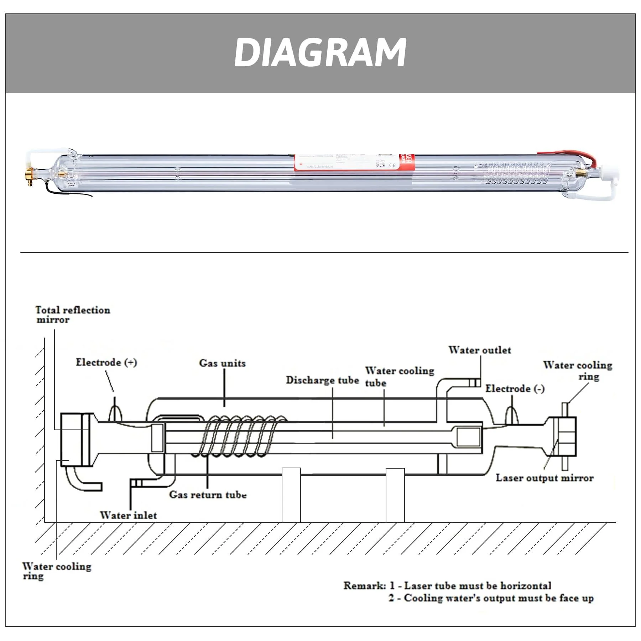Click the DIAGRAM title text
320,53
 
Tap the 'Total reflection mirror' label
72,315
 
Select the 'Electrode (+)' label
106,363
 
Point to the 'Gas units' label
222,363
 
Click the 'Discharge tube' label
322,380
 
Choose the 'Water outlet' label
479,350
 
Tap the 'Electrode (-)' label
515,389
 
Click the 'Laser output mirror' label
544,478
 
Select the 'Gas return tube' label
208,495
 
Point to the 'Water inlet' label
128,515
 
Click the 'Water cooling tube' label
399,376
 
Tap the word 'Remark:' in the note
364,586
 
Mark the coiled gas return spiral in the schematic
242,436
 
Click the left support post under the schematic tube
291,495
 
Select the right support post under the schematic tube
395,495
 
